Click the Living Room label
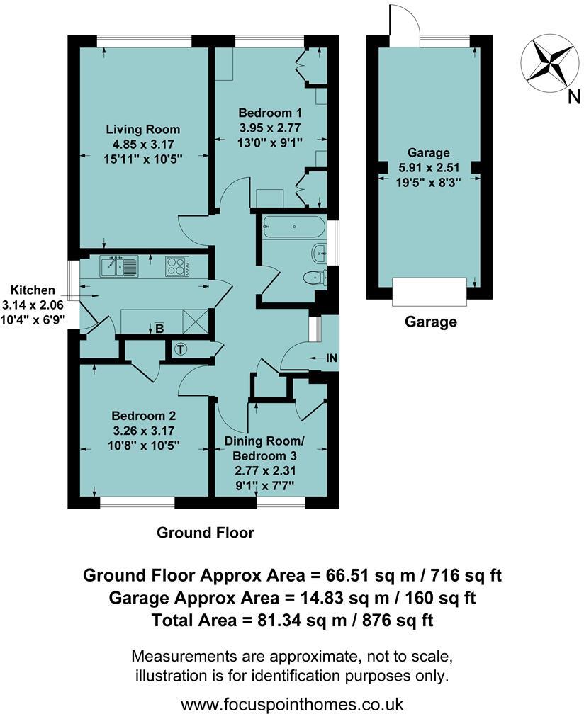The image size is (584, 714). [142, 130]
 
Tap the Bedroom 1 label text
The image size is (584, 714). [270, 113]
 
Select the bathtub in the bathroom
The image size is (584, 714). [293, 228]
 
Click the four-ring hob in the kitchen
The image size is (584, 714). [176, 266]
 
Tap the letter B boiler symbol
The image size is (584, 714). [160, 328]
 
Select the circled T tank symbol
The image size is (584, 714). [181, 348]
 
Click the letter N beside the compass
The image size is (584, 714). [573, 98]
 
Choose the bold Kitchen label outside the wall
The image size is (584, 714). [33, 290]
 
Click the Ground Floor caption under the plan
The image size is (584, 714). [205, 532]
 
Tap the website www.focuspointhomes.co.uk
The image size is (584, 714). [292, 704]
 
